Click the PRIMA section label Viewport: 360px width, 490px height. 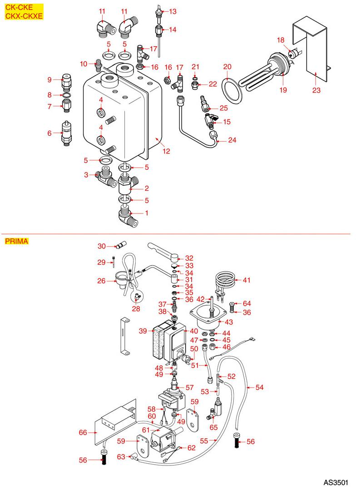tap(16, 241)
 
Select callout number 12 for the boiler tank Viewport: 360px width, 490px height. tap(167, 151)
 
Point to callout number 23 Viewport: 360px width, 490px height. tap(316, 90)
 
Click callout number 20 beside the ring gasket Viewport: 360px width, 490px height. tap(227, 66)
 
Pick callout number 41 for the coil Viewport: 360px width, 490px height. tap(247, 280)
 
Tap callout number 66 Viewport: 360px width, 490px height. tap(83, 432)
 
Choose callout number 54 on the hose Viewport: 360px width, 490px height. tap(260, 387)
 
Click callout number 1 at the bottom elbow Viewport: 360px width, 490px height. tap(146, 213)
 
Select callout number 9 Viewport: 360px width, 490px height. tap(50, 80)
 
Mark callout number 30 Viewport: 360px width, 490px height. tap(101, 246)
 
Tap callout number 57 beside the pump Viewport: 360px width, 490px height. tap(189, 387)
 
